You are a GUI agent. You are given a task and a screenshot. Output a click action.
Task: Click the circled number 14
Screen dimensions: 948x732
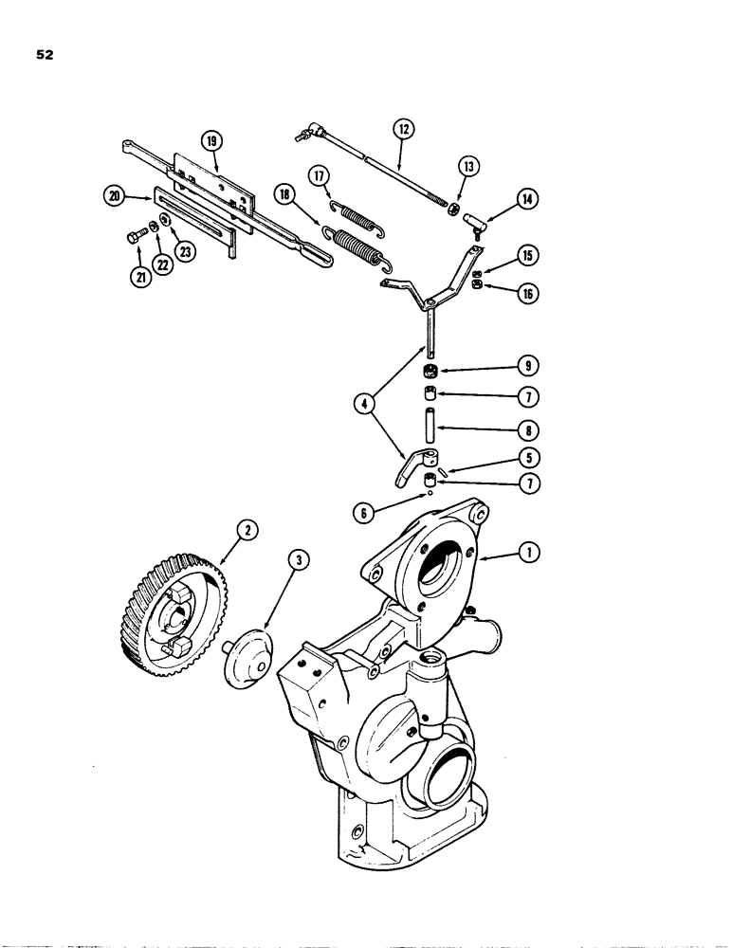tap(526, 198)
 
